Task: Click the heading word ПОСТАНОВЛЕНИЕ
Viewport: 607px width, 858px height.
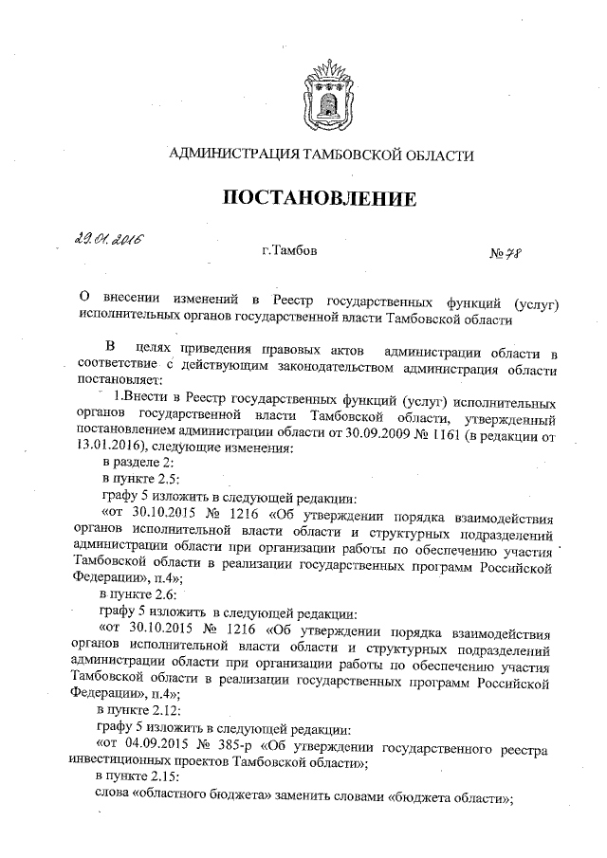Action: (x=320, y=198)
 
